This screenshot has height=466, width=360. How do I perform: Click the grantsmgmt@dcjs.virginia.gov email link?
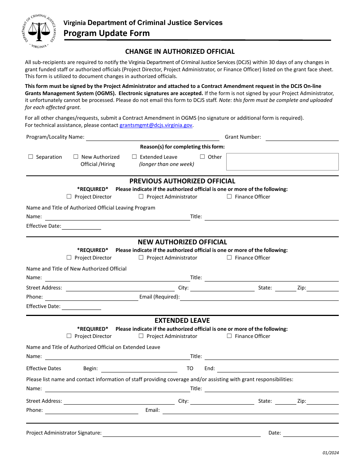[x=156, y=125]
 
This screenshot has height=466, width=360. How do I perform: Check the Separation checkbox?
[x=31, y=157]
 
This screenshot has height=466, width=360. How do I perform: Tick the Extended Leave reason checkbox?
[x=134, y=157]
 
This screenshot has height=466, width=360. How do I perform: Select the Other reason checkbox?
[x=202, y=157]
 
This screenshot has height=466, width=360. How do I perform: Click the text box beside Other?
[x=282, y=162]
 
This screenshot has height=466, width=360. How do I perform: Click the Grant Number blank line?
[x=302, y=138]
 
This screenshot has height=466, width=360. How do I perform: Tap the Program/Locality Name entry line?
[x=152, y=138]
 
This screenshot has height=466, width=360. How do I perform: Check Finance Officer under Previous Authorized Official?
[x=229, y=197]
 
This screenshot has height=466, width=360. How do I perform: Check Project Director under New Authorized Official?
[x=69, y=258]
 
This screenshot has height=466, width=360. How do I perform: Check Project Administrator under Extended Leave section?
[x=141, y=336]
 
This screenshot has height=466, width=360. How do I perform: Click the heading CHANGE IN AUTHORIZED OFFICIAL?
[x=180, y=52]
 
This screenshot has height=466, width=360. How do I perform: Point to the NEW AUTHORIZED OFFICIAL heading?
[x=182, y=242]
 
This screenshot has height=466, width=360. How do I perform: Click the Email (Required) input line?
[x=259, y=297]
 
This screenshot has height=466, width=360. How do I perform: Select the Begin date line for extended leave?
[x=139, y=369]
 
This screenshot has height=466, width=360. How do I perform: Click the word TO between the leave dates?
[x=190, y=369]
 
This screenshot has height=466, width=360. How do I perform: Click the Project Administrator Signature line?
[x=182, y=433]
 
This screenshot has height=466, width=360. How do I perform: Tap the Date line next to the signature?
[x=311, y=433]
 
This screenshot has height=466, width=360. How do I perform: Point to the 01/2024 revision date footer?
[x=331, y=453]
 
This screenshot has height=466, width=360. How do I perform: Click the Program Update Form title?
[x=106, y=33]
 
